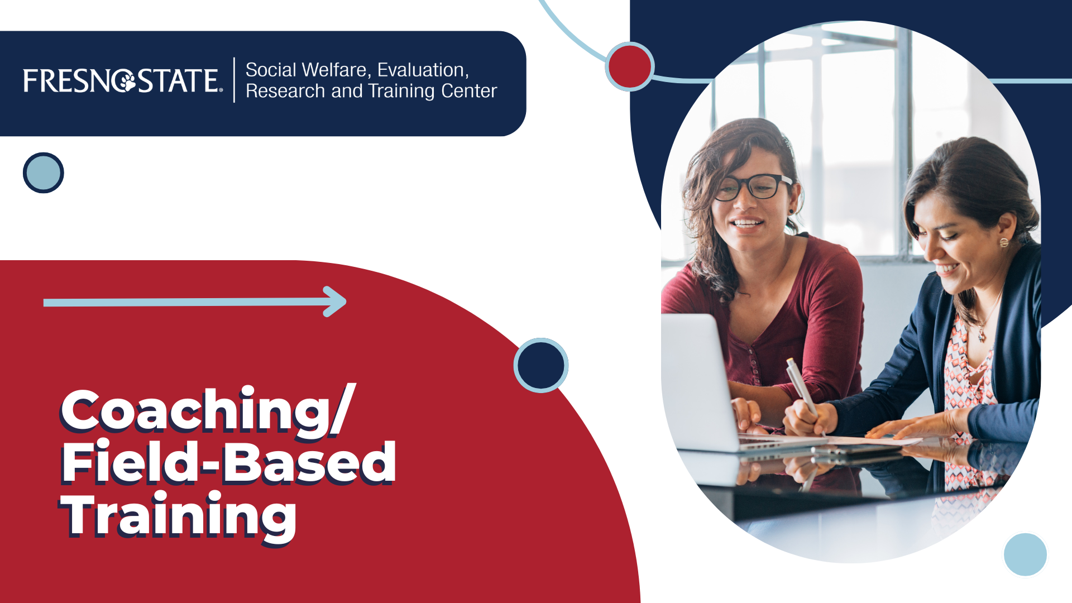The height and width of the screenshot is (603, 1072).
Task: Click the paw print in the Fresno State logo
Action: pos(126,81)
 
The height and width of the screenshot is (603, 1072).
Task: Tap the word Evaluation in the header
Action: pos(423,70)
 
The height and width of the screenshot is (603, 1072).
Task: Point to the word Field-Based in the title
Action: pos(229,462)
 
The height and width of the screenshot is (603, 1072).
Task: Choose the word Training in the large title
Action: pos(179,516)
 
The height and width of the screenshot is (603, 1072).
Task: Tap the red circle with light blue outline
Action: pos(629,66)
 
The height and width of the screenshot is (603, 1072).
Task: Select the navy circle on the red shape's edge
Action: pos(540,365)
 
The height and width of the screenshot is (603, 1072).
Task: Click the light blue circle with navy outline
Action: pos(44,173)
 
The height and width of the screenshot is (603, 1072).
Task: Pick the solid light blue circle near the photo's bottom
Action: pos(1025,554)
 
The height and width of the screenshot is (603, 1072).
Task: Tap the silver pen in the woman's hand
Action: pos(803,391)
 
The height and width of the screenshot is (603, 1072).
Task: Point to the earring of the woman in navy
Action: pos(1004,242)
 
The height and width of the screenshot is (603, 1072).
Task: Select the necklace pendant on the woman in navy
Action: pos(982,336)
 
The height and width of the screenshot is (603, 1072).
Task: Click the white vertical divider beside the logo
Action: pos(234,80)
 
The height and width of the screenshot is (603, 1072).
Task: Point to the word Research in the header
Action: pos(285,90)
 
